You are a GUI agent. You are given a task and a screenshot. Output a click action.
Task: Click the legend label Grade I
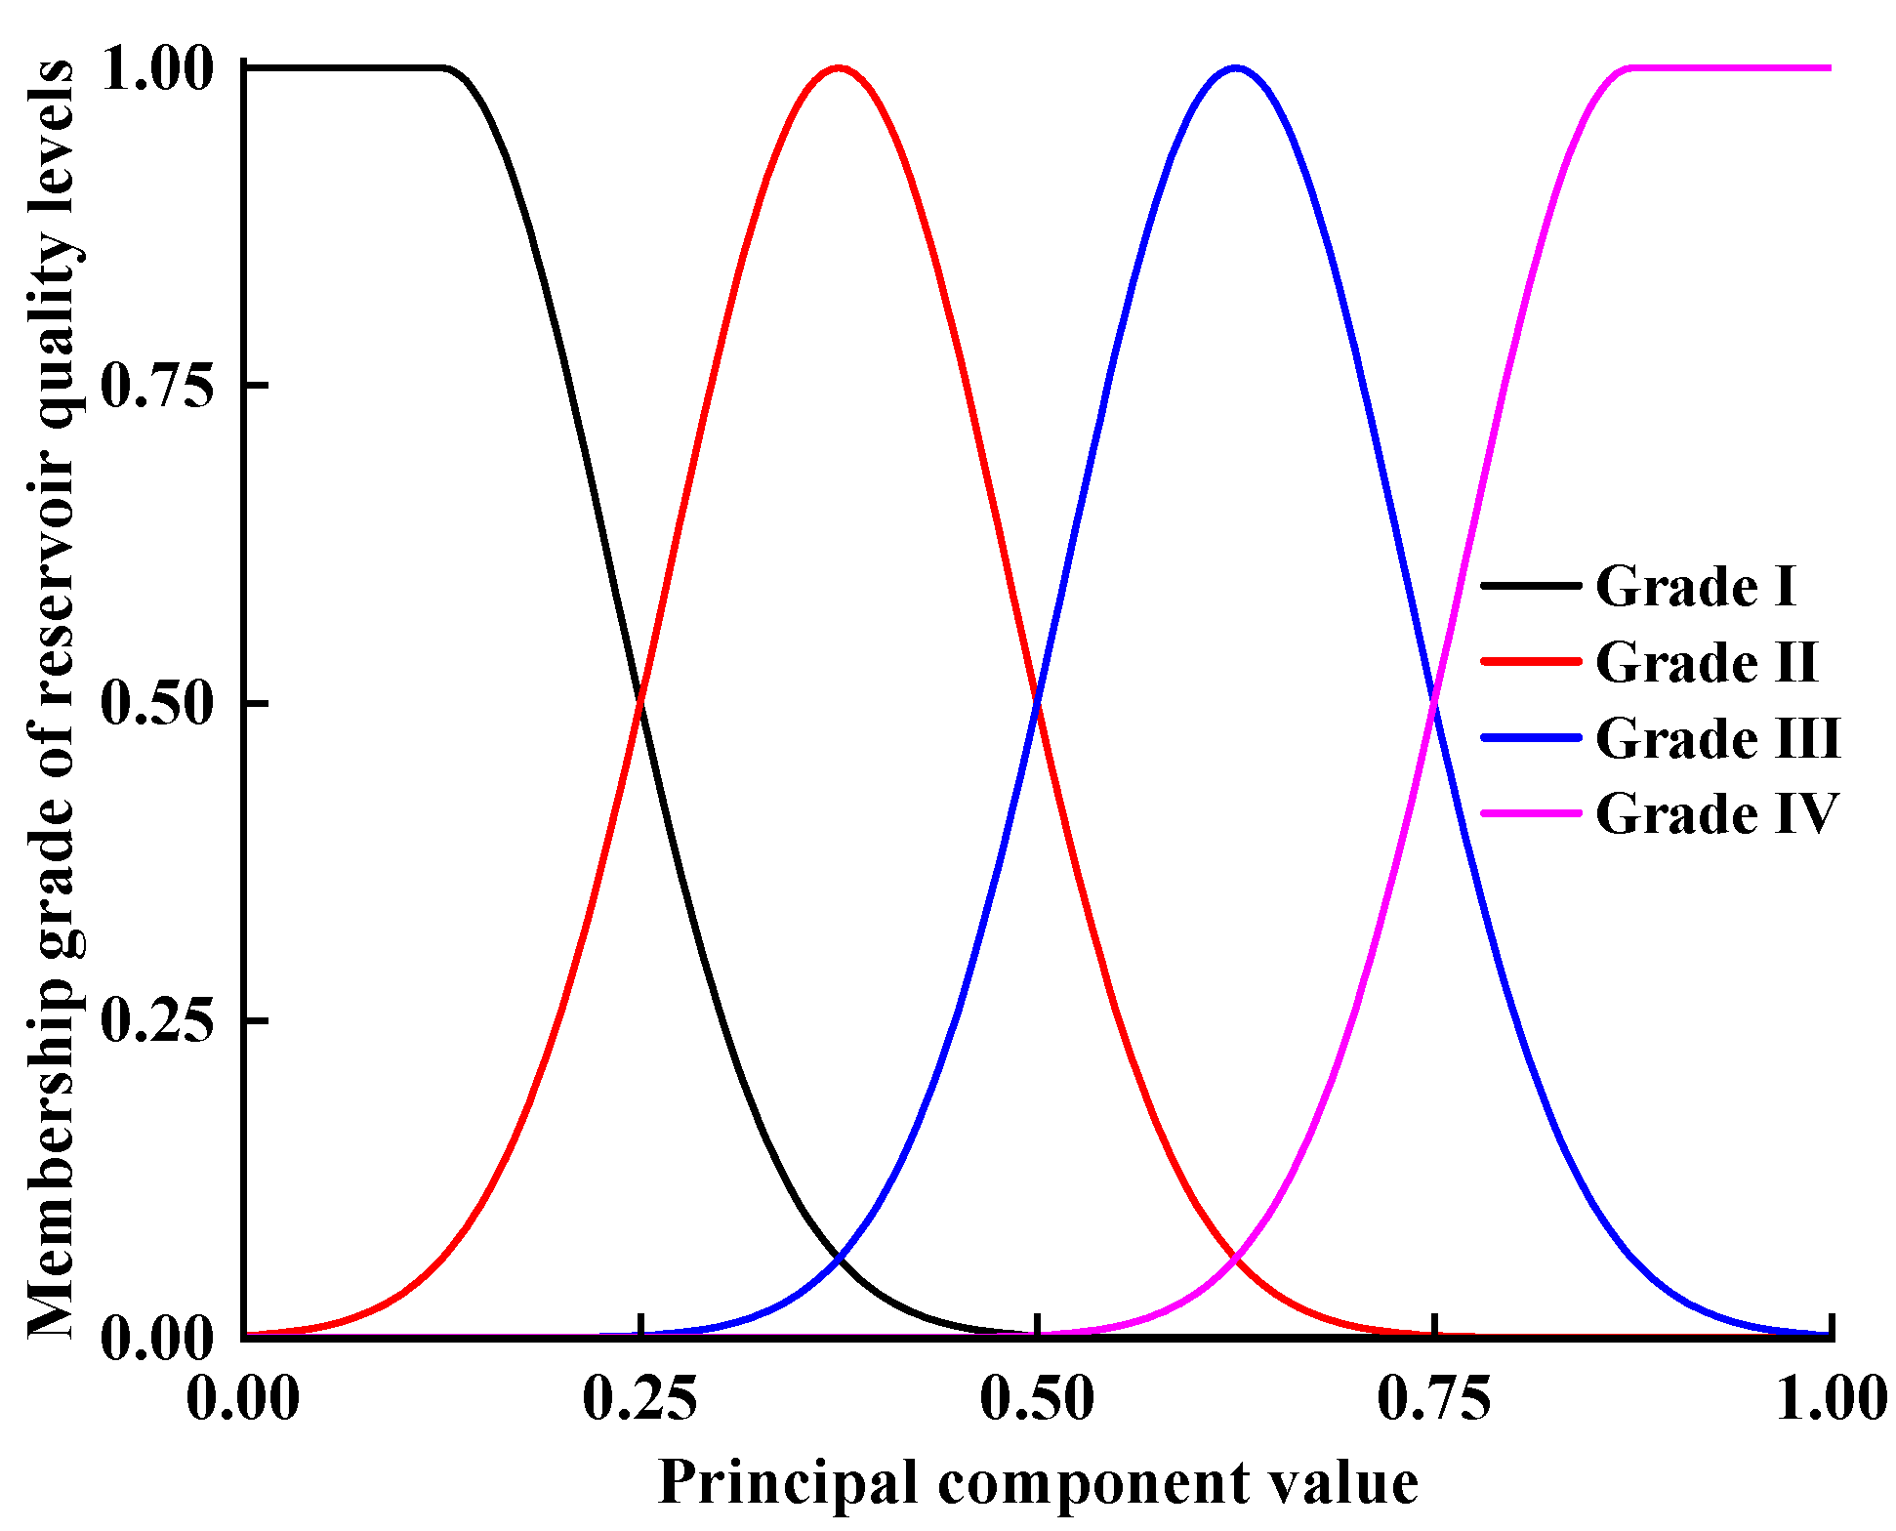click(1696, 587)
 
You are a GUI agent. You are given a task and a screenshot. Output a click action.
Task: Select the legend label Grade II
click(1707, 663)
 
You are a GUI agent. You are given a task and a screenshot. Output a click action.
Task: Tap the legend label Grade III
click(1717, 738)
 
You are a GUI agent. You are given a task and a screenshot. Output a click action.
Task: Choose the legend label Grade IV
click(1716, 813)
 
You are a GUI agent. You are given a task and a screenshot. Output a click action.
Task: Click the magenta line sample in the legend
click(1530, 813)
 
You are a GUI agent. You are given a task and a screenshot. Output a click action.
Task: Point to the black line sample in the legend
click(1530, 586)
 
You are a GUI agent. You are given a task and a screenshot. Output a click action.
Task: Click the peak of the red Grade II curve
click(839, 67)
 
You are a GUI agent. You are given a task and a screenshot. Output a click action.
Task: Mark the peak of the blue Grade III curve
click(1236, 67)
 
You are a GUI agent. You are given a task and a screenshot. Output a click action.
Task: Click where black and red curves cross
click(640, 701)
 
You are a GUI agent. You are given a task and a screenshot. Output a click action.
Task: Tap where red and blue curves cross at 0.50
click(1037, 701)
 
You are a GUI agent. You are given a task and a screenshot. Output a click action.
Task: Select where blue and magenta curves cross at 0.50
click(1434, 701)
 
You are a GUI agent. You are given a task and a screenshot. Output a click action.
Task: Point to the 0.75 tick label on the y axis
click(156, 386)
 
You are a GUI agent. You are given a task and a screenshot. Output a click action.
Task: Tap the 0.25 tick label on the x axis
click(639, 1398)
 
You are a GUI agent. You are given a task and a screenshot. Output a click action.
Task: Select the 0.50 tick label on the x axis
click(1037, 1398)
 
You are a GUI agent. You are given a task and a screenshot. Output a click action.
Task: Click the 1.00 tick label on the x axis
click(1830, 1398)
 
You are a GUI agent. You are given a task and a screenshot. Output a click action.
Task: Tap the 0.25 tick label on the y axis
click(156, 1020)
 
